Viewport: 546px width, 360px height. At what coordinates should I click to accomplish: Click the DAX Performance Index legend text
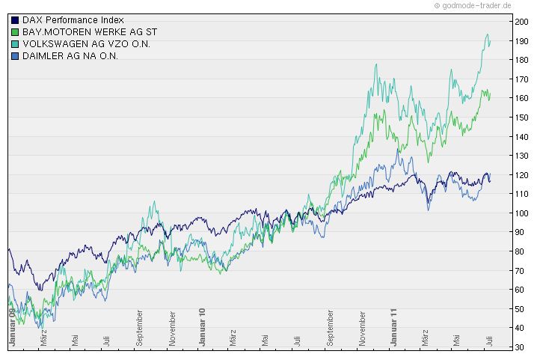coord(73,19)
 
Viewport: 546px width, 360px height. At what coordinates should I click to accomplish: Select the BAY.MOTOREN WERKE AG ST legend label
coord(89,31)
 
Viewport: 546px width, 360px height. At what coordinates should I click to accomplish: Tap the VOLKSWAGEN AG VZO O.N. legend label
coord(86,43)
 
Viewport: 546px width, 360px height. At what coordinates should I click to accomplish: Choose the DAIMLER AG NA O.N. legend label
coord(70,55)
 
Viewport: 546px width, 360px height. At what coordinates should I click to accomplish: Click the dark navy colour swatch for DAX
coord(15,19)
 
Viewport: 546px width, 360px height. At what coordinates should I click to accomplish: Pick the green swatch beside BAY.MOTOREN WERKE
coord(15,31)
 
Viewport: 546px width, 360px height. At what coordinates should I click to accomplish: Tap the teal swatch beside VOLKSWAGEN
coord(15,43)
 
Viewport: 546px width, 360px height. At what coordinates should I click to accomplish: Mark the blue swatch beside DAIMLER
coord(15,55)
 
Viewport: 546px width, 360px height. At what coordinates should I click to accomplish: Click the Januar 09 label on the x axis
coord(12,326)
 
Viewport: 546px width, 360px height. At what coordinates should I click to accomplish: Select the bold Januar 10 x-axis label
coord(203,326)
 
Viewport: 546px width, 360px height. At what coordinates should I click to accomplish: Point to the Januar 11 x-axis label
coord(393,326)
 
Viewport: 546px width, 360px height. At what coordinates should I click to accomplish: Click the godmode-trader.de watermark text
coord(476,5)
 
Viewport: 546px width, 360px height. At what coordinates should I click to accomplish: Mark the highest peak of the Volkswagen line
coord(488,34)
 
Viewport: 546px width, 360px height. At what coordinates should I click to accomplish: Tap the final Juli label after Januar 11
coord(489,338)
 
